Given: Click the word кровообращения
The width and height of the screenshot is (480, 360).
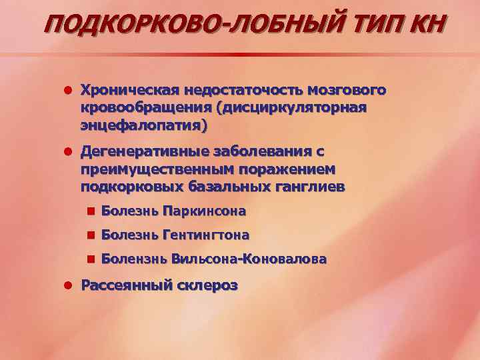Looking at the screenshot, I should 143,108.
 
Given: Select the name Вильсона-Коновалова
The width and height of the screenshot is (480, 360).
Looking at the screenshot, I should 249,259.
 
